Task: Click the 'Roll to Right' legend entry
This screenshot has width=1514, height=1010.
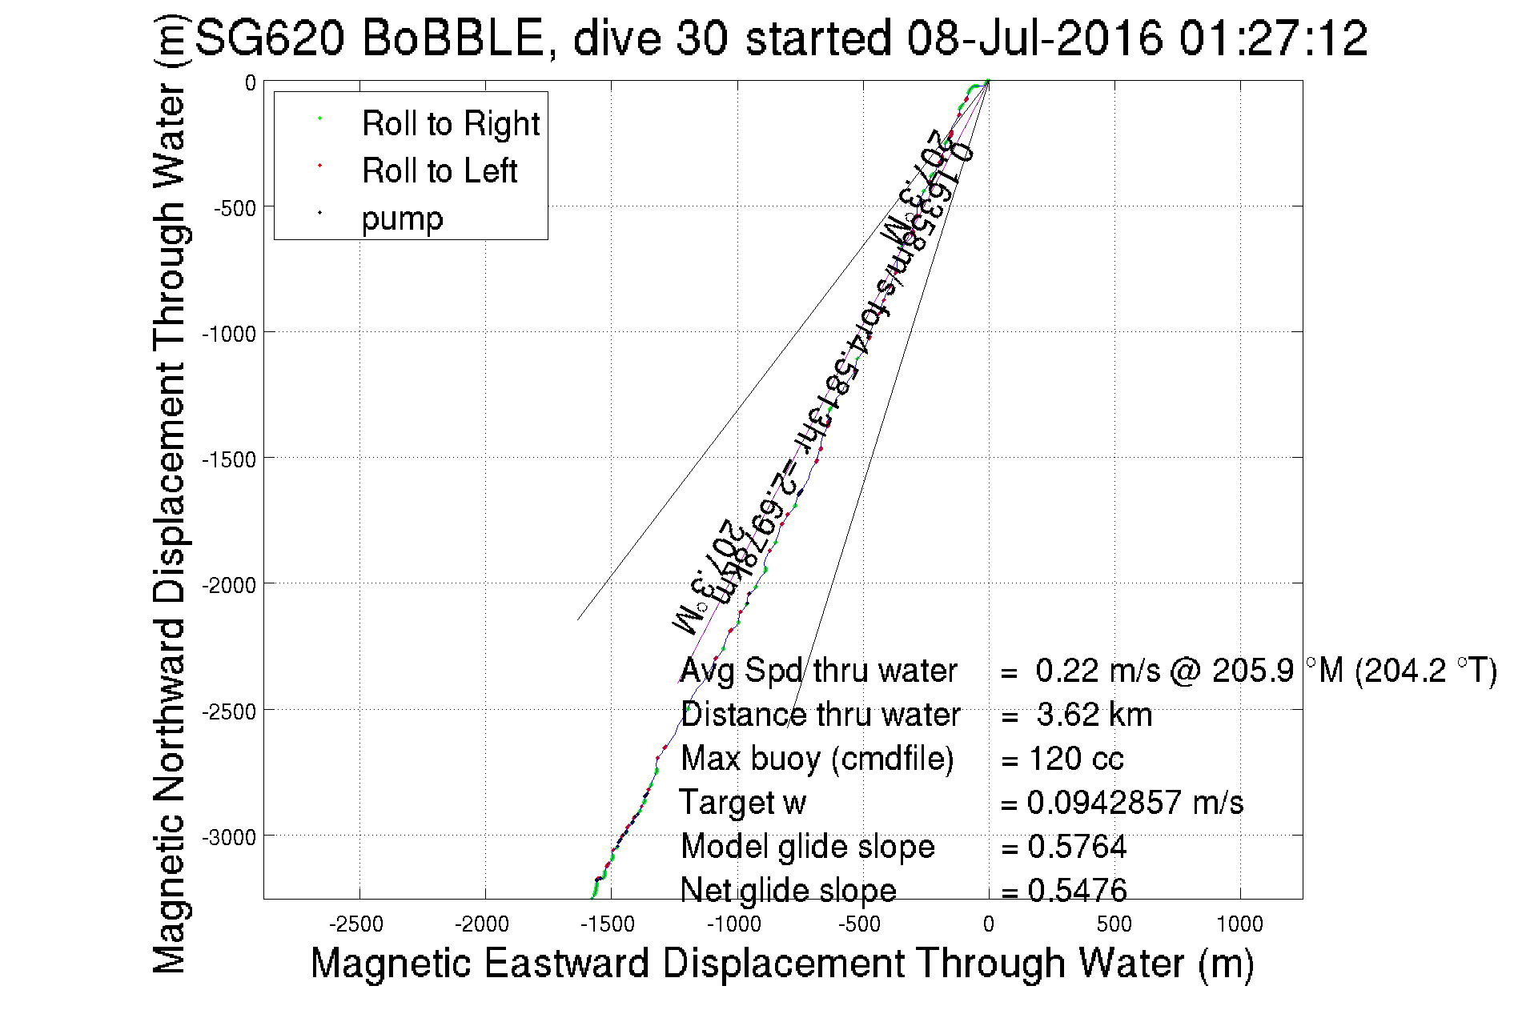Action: coord(450,124)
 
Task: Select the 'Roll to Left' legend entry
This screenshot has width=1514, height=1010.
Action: coord(439,171)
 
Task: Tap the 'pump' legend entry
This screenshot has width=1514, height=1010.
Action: coord(402,218)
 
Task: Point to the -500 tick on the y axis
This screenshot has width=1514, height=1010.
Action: coord(235,209)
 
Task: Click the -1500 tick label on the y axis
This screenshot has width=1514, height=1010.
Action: coord(229,460)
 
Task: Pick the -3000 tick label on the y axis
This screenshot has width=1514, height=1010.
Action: coord(229,838)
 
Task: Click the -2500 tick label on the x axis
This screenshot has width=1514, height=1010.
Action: coord(357,925)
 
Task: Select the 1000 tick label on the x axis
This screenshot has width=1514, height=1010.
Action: coord(1239,925)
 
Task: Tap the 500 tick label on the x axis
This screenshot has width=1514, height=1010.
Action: coord(1114,925)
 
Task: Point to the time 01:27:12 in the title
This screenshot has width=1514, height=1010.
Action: coord(1273,38)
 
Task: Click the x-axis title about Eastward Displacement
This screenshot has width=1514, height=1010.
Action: coord(781,963)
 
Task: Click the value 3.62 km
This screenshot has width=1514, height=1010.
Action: coord(1094,715)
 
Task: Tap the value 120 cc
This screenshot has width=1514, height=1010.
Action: coord(1076,759)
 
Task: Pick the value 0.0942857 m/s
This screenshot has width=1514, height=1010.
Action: coord(1134,803)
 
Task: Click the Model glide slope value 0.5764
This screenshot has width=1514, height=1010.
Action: coord(1077,847)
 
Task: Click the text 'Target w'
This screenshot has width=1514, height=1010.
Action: coord(742,803)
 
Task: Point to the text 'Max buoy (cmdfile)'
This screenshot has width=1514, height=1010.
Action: coord(817,759)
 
